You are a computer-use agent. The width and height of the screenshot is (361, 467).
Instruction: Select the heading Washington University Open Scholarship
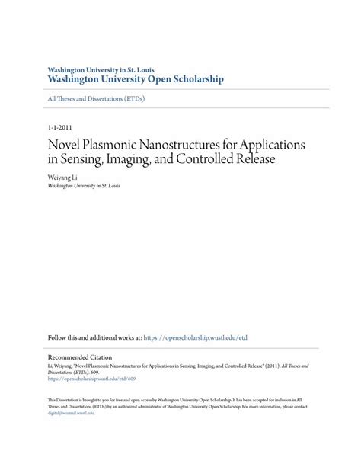136,78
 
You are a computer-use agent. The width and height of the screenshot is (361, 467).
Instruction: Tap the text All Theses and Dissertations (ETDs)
96,98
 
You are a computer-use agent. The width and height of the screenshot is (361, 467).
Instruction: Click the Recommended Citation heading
80,357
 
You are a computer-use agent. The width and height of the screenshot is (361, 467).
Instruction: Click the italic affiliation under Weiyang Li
83,185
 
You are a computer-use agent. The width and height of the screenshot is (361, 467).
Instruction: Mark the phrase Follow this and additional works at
94,337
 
